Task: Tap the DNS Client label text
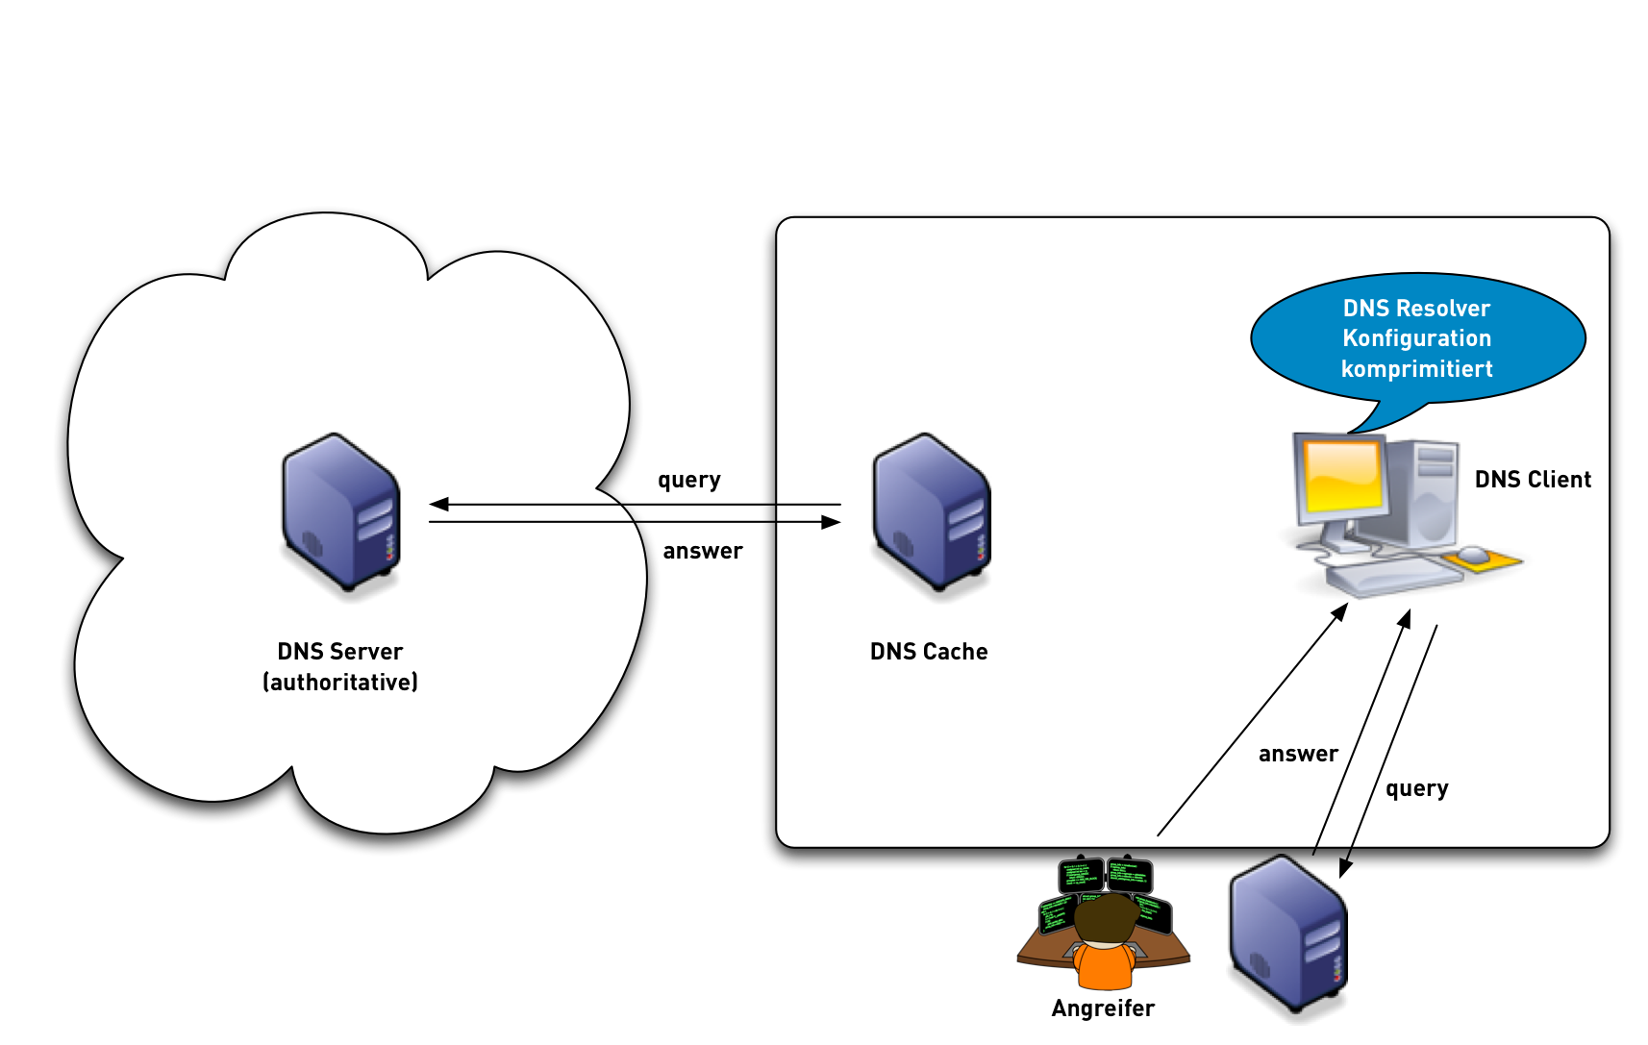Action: (x=1533, y=479)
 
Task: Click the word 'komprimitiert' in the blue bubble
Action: (x=1416, y=369)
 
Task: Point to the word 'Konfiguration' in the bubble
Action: (x=1416, y=338)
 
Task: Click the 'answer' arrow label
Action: (x=1298, y=754)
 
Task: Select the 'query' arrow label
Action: (x=1416, y=788)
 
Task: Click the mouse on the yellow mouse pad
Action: (x=1472, y=554)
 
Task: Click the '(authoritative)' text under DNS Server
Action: (x=340, y=683)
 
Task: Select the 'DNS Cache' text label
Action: (x=929, y=652)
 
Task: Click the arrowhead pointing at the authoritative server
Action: (x=438, y=504)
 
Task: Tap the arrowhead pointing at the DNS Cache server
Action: (x=831, y=522)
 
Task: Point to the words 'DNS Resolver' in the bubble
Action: (x=1416, y=309)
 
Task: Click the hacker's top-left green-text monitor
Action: (x=1081, y=876)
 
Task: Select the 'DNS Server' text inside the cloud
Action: (x=340, y=652)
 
